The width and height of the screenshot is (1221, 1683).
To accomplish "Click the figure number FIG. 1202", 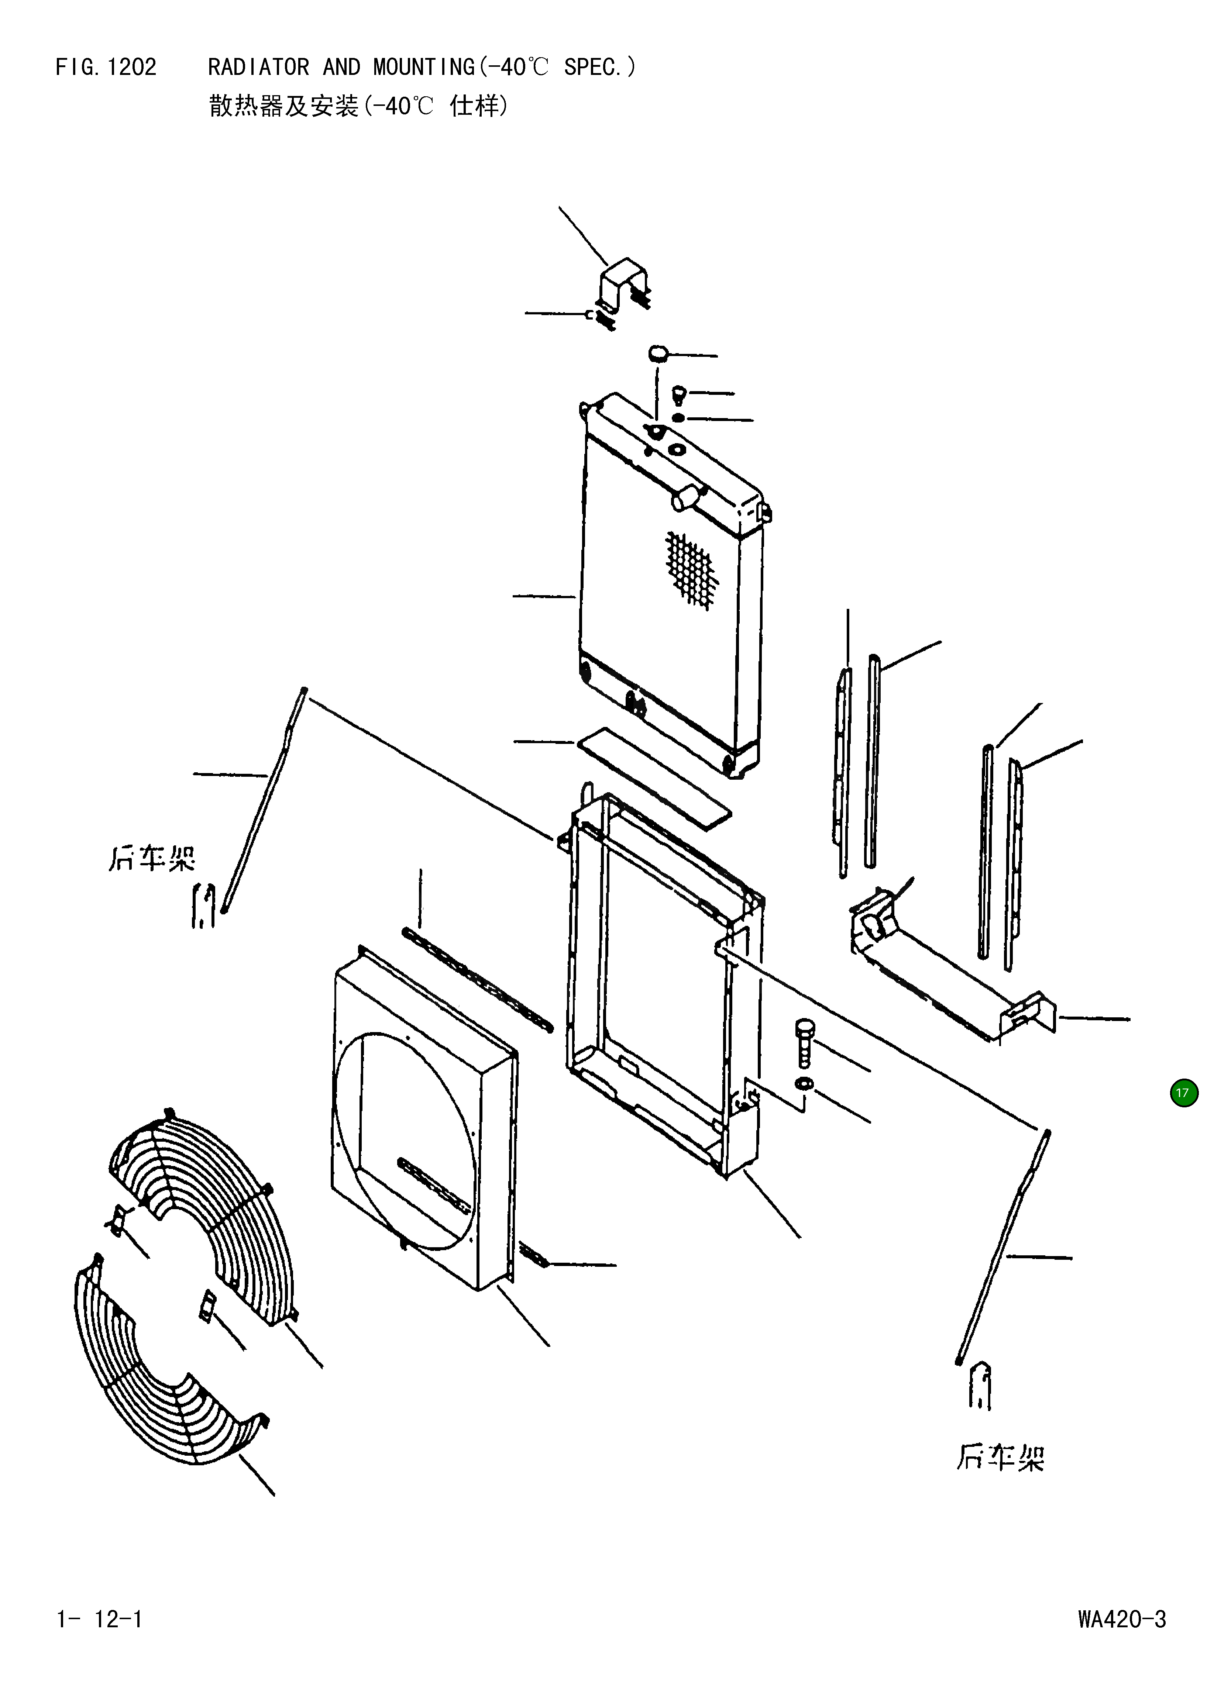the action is pos(106,68).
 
